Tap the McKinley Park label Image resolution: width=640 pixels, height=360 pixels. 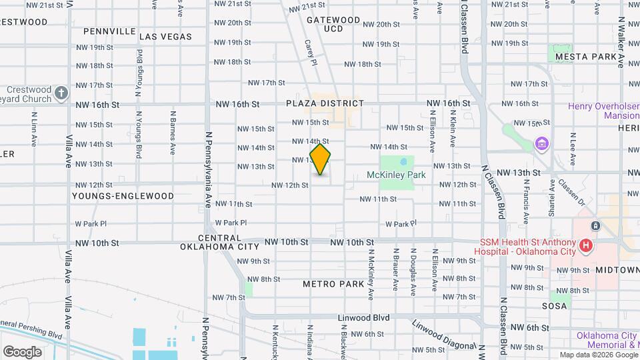tap(396, 175)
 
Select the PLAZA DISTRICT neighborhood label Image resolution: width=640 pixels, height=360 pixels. tap(325, 103)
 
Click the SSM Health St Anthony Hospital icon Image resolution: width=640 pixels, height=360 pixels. tap(586, 247)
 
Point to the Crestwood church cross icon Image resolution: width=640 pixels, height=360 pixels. tap(61, 93)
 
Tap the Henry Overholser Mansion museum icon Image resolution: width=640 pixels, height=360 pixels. tap(541, 144)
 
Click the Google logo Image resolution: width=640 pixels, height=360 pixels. tap(22, 351)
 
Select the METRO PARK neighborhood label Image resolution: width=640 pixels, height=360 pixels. tap(333, 284)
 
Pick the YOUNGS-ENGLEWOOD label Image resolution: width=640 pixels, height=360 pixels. tap(124, 196)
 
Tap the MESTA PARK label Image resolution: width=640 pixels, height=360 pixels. tap(586, 57)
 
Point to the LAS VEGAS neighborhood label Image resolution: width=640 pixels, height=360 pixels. tap(166, 37)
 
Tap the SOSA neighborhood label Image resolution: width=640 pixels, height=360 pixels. tap(554, 306)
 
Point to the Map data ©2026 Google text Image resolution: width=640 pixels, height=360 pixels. tap(597, 355)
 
